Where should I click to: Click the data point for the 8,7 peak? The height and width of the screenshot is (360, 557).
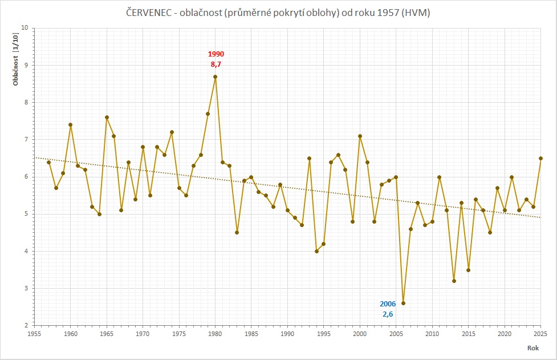point(215,76)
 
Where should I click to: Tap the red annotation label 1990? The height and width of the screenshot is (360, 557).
point(216,54)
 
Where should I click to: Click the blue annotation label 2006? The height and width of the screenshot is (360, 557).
point(388,304)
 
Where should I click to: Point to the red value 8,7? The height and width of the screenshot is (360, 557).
point(216,64)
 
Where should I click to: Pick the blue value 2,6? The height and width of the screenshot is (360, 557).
point(388,314)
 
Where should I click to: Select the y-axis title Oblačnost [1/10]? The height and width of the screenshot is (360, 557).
point(17,59)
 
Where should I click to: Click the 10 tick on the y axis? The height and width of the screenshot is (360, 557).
point(25,28)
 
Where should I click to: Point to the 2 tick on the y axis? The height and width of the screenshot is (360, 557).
point(26,326)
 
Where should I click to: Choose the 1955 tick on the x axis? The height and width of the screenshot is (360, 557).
point(34,334)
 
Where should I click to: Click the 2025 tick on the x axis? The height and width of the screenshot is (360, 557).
point(540,334)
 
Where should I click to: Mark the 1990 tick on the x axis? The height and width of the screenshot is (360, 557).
point(287,334)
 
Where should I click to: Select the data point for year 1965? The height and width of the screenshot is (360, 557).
point(107,118)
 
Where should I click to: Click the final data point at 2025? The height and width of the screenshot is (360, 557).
point(540,158)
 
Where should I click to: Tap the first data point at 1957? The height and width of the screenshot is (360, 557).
point(48,162)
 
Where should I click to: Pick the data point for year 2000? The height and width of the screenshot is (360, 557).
point(360,136)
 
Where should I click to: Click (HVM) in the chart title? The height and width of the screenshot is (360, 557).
point(415,13)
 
